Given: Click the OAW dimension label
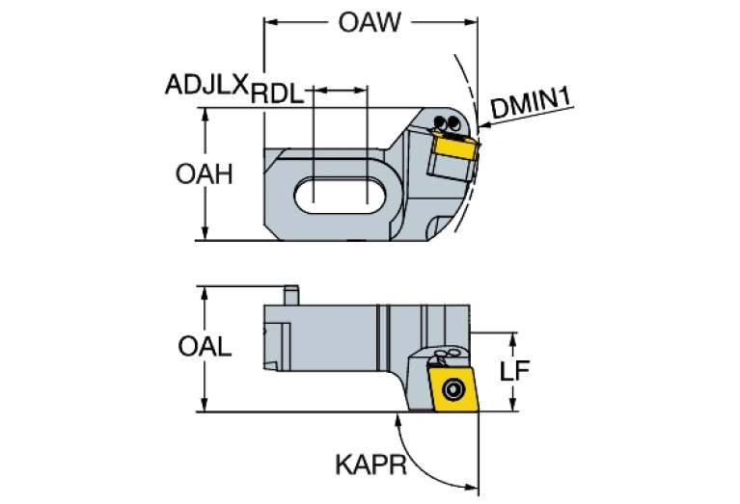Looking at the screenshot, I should (370, 23).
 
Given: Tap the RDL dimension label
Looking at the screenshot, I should (277, 93).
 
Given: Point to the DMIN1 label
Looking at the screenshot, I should (530, 107).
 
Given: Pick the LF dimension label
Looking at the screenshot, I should (513, 370).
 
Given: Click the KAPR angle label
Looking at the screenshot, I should (370, 466).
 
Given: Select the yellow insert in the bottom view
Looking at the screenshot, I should (452, 388).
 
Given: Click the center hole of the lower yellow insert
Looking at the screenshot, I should (452, 390).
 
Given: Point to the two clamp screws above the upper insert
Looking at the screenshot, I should (446, 122).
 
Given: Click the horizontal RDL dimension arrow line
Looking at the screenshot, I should (341, 92).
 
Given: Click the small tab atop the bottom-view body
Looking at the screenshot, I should (289, 293).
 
